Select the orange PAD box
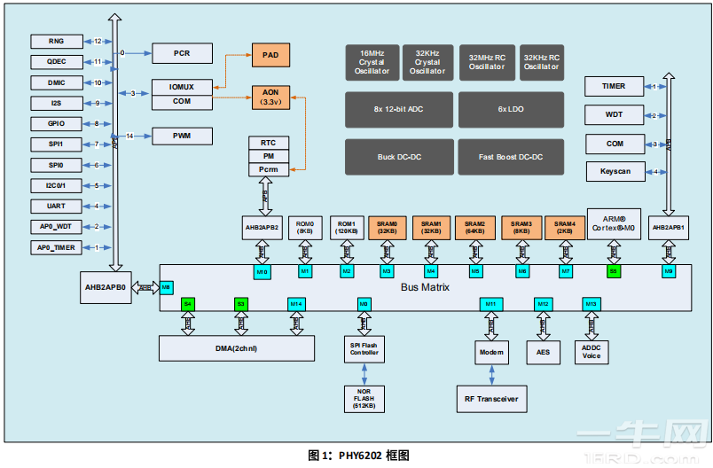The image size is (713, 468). (x=270, y=55)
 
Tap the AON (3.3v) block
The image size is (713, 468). (x=270, y=97)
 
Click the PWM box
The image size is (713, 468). (x=182, y=136)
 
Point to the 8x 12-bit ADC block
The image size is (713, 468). (x=399, y=108)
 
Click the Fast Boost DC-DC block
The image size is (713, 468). (x=511, y=157)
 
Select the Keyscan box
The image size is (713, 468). (x=615, y=171)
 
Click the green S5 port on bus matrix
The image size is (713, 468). (x=613, y=270)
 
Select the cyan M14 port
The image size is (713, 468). (x=296, y=304)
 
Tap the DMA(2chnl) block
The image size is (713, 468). (x=237, y=348)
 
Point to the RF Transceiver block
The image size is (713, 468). (x=490, y=398)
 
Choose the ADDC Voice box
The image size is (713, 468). (x=592, y=352)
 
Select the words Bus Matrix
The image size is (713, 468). (x=425, y=287)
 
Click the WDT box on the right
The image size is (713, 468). (x=615, y=115)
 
